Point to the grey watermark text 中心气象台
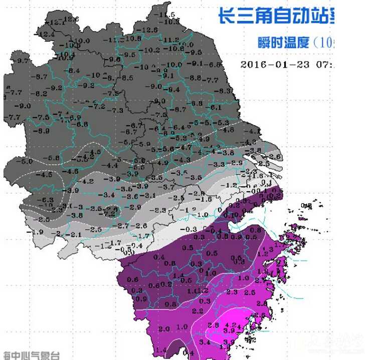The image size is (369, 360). coord(33,355)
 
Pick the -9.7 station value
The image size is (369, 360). coord(22,61)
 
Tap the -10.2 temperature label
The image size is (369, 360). coord(151,50)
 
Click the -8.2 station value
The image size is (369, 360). coord(39,94)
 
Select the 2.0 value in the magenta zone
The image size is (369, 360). coord(164,328)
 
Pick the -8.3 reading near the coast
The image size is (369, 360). coord(227,91)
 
